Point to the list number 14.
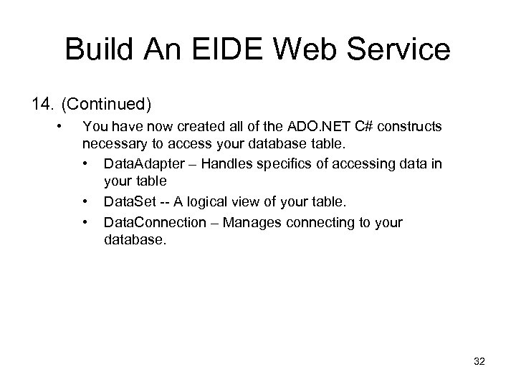pos(42,105)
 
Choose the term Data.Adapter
pos(145,165)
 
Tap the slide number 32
pos(479,363)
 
